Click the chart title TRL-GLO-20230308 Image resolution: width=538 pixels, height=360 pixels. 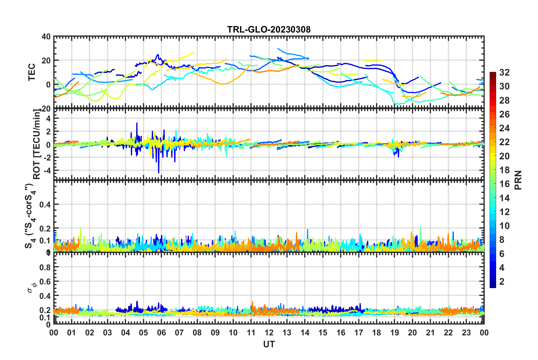[269, 29]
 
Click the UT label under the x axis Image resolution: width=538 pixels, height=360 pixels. [269, 344]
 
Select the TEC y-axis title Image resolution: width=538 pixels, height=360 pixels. [32, 72]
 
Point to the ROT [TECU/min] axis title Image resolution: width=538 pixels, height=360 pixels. [37, 144]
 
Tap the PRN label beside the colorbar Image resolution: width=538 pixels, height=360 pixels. [518, 180]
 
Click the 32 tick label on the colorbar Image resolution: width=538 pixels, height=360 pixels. [504, 72]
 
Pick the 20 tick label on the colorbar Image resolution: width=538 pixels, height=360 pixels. [504, 156]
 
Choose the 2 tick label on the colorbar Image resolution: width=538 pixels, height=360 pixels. [502, 281]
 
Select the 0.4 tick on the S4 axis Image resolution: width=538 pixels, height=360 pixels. [45, 204]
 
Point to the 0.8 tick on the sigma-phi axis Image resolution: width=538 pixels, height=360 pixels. [45, 267]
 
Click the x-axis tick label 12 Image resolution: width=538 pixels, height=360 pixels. [269, 333]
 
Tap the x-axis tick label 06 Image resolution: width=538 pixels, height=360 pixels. [161, 333]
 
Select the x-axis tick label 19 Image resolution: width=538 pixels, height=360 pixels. [394, 333]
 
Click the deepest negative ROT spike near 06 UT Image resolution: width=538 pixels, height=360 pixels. [159, 172]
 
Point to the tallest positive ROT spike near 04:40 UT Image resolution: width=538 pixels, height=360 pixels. [137, 123]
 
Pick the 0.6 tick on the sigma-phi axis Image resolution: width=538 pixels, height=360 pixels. [45, 282]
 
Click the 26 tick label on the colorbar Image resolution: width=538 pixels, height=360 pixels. [504, 114]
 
